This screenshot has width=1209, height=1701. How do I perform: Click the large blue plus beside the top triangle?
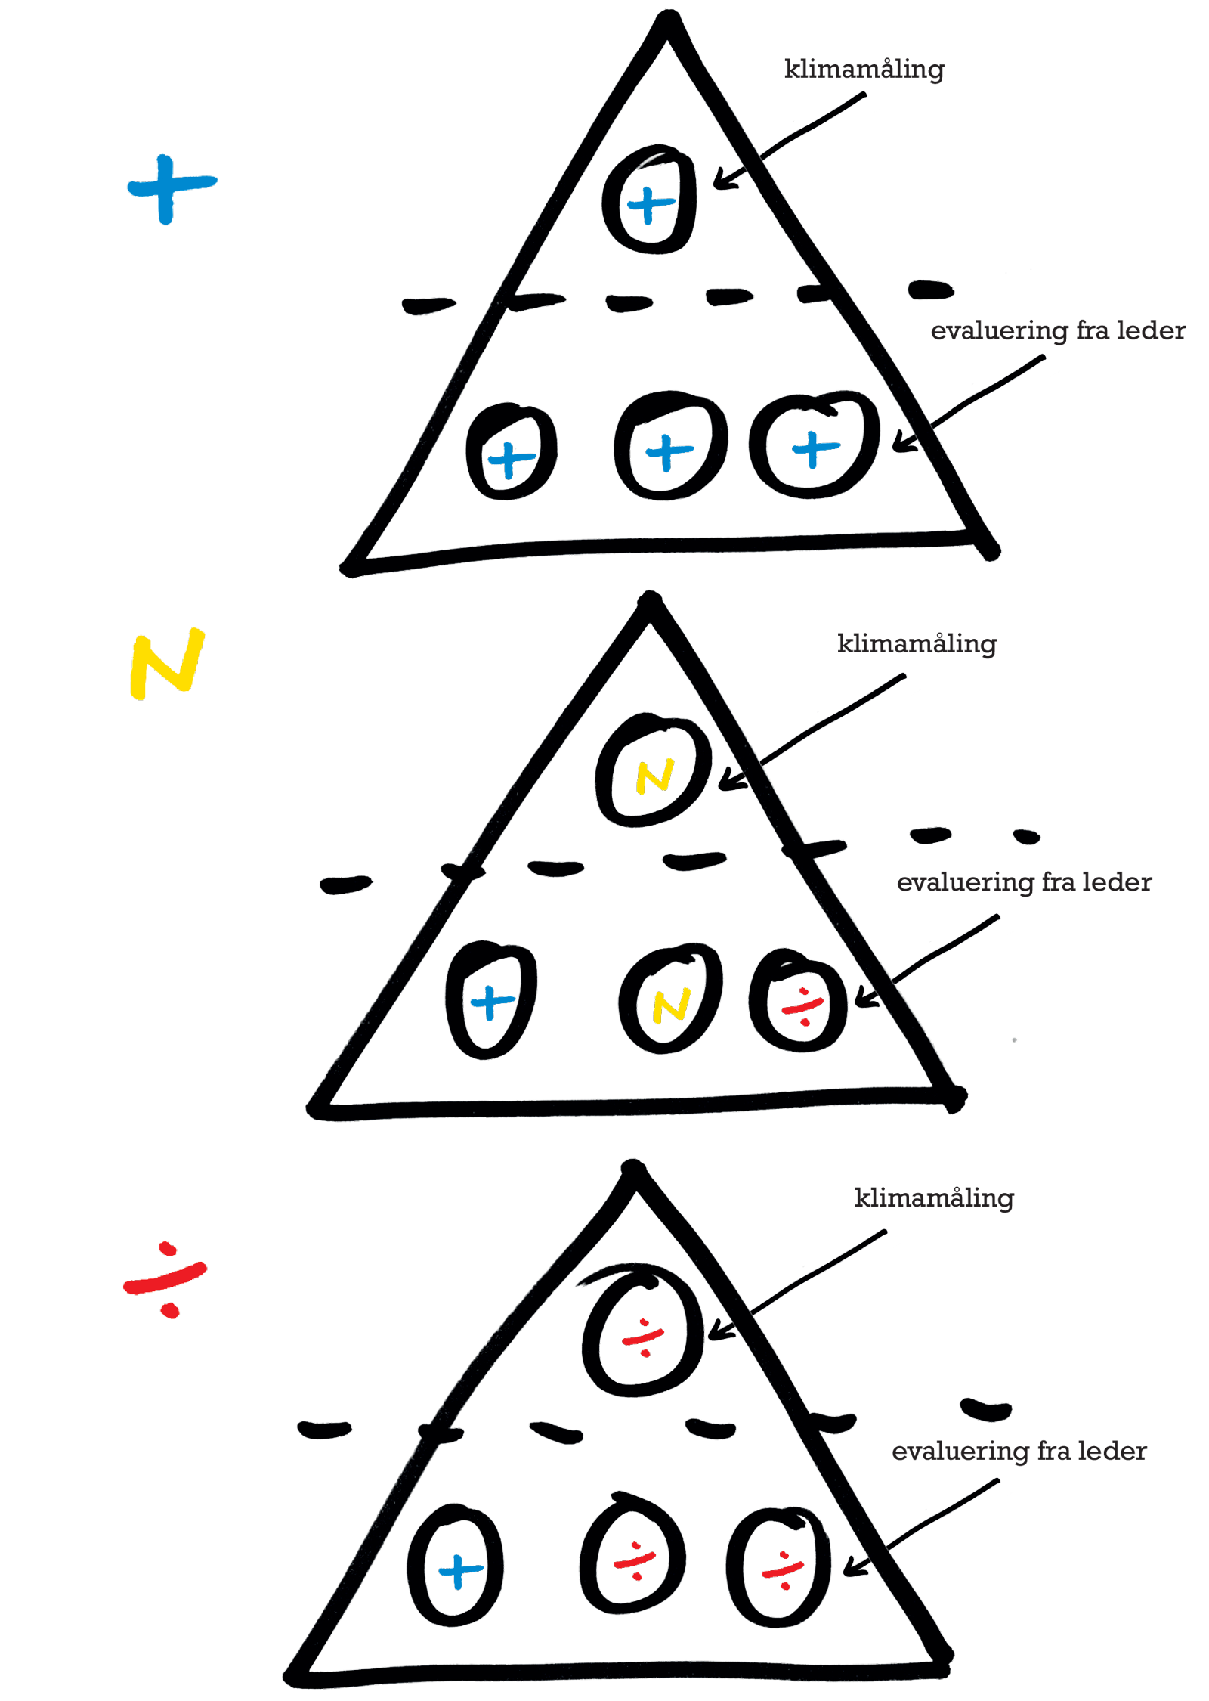point(169,187)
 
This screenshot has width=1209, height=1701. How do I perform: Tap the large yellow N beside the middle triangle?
point(167,661)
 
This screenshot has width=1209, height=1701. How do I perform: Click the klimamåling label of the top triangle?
point(863,70)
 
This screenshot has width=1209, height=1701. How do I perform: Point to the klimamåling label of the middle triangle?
point(916,643)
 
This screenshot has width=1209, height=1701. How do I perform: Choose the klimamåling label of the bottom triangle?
point(933,1198)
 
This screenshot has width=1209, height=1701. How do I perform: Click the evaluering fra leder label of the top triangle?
point(1056,330)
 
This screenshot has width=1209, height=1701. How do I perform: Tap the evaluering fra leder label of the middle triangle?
point(1023,881)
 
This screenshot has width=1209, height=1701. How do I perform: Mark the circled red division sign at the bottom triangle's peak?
point(642,1339)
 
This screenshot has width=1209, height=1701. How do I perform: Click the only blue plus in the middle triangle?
point(492,1002)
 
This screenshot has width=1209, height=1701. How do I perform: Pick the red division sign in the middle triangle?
point(802,1006)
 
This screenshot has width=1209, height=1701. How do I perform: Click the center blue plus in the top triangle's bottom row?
point(669,451)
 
